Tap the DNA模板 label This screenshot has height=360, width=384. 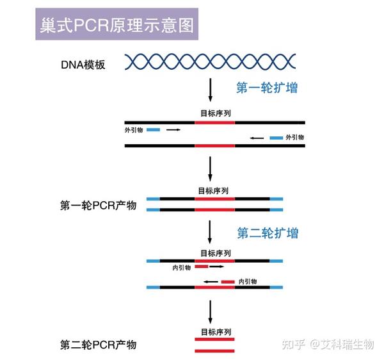[83, 64]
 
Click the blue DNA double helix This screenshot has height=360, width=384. [210, 61]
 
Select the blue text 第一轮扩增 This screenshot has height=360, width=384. [267, 88]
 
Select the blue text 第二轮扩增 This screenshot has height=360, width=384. [268, 233]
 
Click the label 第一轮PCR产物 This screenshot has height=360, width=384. [99, 206]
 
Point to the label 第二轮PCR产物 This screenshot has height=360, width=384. [99, 346]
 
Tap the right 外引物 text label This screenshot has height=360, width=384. [294, 138]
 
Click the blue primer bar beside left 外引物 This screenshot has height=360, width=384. [154, 129]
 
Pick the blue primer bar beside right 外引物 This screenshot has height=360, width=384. [276, 138]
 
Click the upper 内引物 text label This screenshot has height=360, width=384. [182, 267]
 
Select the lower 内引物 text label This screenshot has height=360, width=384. [248, 282]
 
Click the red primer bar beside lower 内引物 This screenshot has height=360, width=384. [228, 282]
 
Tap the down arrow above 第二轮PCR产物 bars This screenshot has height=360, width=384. [211, 313]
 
